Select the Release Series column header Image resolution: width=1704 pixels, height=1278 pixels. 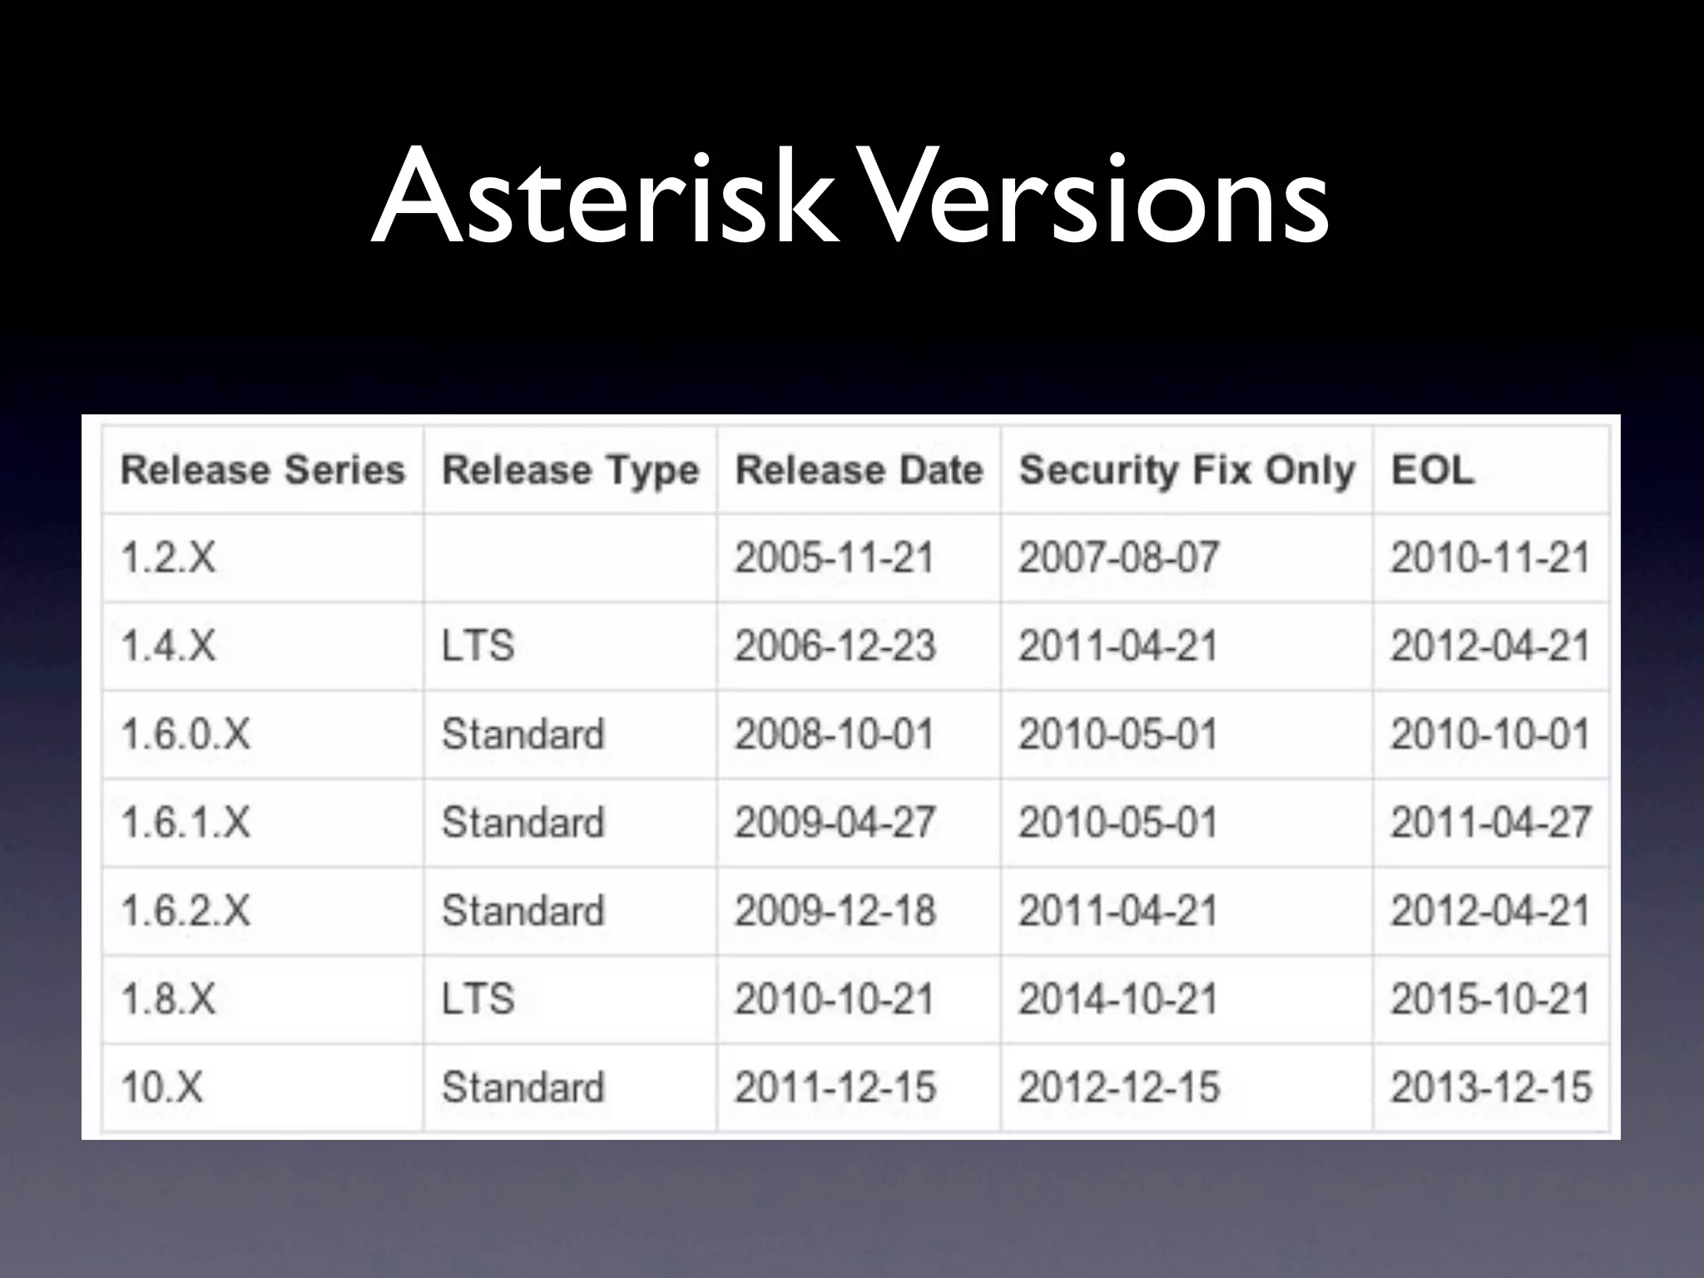pos(263,470)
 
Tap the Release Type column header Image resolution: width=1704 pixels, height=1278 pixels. pos(570,470)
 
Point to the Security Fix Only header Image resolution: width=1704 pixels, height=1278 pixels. pos(1186,470)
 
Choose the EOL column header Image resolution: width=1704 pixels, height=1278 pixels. pos(1433,470)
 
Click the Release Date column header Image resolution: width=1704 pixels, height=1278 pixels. pos(859,470)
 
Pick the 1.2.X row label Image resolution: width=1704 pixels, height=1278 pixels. pos(168,557)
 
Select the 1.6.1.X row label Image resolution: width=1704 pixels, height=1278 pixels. pos(186,823)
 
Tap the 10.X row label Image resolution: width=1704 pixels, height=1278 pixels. pos(161,1087)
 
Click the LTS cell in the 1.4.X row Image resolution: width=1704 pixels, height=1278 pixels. pos(478,646)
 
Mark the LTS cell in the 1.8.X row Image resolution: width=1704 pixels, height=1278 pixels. pos(478,999)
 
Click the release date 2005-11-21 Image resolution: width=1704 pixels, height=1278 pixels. pos(835,557)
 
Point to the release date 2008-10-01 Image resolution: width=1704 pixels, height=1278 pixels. pos(835,735)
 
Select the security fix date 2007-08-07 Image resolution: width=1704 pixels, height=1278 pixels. pos(1119,557)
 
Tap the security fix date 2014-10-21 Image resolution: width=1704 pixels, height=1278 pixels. pos(1119,999)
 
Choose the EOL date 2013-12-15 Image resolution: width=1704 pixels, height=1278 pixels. pos(1491,1087)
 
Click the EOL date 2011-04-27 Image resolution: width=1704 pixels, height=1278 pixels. pos(1491,823)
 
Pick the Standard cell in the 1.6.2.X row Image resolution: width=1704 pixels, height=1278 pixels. pos(523,911)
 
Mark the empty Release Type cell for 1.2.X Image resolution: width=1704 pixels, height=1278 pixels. pos(570,557)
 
